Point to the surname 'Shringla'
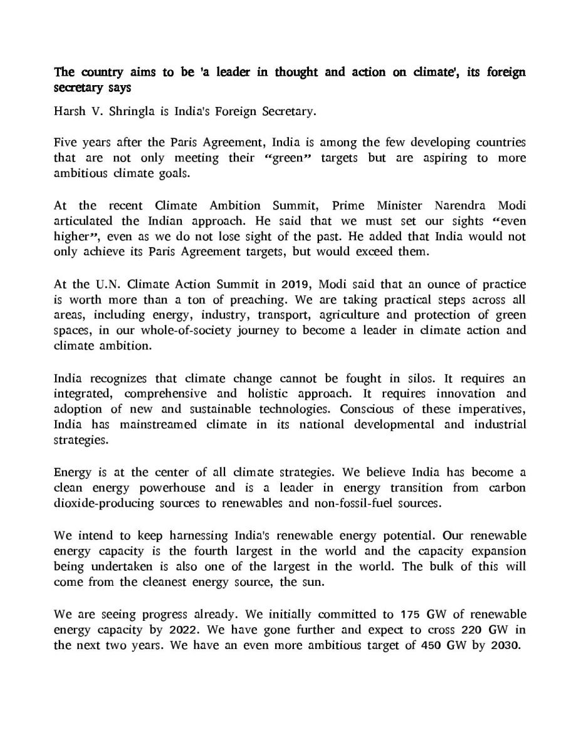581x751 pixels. (136, 112)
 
